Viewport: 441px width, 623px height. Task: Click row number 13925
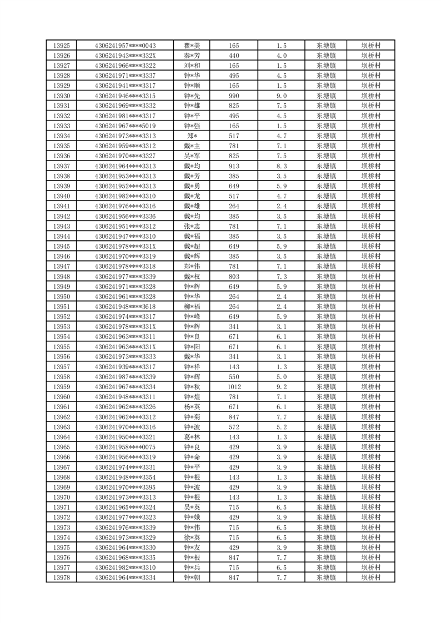[61, 46]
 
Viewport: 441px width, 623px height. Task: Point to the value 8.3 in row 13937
[281, 166]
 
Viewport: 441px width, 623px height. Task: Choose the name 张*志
[192, 226]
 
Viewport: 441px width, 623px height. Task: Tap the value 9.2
[281, 387]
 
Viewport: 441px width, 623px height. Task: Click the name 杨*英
[192, 407]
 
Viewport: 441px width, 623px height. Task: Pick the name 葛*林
[192, 437]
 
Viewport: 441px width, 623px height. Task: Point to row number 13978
[61, 578]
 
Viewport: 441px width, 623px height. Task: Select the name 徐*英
[192, 537]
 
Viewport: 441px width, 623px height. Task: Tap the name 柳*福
[192, 307]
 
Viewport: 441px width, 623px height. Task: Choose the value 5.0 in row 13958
[281, 377]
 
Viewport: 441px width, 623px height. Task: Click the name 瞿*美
[192, 46]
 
